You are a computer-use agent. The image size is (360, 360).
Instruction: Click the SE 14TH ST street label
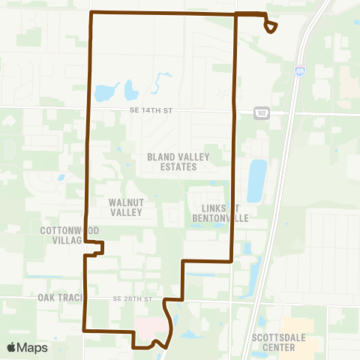[x=152, y=110]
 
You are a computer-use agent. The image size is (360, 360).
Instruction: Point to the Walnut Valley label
[x=126, y=207]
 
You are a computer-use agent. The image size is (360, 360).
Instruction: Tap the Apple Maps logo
[x=27, y=347]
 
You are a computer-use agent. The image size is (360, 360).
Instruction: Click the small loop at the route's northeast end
[x=271, y=26]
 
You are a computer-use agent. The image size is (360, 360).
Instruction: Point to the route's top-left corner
[x=91, y=13]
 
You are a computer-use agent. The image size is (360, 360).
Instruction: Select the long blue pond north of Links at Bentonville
[x=256, y=180]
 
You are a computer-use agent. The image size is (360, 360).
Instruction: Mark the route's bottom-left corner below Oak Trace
[x=83, y=329]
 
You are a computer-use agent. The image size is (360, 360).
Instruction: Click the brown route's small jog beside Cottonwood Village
[x=98, y=248]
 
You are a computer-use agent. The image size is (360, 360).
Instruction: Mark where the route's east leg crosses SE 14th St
[x=235, y=110]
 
